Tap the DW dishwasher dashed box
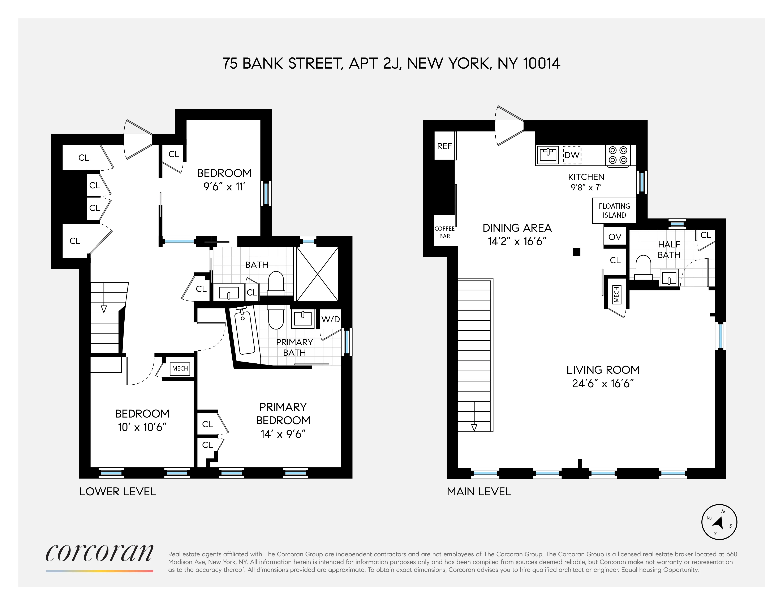coord(572,155)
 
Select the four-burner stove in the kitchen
coord(618,155)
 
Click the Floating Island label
coord(614,210)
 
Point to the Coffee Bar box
coord(444,232)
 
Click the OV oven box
coord(615,237)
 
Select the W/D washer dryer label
coord(330,319)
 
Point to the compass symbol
coord(719,522)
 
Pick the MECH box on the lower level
coord(180,368)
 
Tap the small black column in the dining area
coord(576,252)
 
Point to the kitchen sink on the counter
coord(547,155)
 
